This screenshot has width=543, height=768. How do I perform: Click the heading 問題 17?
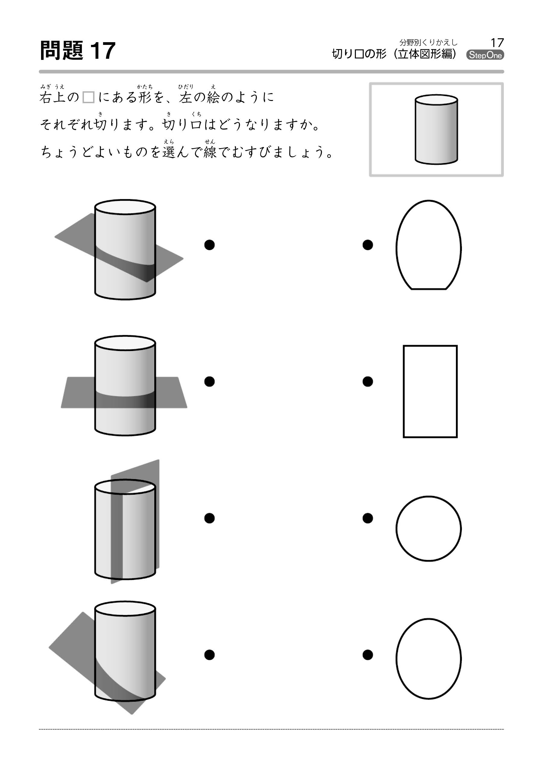tap(78, 51)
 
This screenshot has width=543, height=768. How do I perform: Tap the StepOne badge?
tap(485, 55)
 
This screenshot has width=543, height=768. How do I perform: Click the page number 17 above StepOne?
tap(497, 42)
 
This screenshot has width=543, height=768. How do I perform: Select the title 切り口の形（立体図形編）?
tap(395, 54)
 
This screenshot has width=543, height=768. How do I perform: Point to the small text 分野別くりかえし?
tap(428, 42)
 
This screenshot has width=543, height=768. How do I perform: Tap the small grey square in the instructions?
tap(88, 97)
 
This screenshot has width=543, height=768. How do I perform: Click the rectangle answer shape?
tap(430, 391)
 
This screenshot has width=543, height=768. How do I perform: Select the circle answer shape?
tap(428, 528)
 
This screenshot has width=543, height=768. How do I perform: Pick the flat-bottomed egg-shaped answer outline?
tap(428, 245)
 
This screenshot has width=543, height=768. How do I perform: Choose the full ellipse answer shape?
tap(428, 659)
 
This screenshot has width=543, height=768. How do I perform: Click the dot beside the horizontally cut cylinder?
tap(209, 381)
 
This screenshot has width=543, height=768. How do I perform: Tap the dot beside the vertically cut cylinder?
tap(209, 518)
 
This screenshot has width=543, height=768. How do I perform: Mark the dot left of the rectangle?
tap(368, 381)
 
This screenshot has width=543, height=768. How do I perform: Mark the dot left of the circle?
tap(368, 518)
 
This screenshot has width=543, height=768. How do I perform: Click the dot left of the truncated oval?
tap(368, 245)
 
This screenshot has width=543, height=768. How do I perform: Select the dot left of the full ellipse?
tap(368, 655)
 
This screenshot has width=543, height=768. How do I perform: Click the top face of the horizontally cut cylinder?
tap(125, 343)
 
